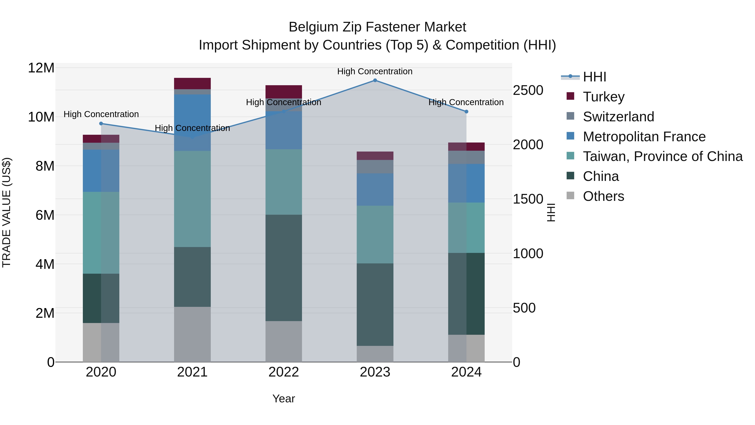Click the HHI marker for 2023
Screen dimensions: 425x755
pyautogui.click(x=375, y=80)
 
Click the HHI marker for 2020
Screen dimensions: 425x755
pyautogui.click(x=101, y=123)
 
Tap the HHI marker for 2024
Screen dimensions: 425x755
pyautogui.click(x=466, y=111)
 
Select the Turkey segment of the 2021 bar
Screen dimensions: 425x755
pyautogui.click(x=192, y=84)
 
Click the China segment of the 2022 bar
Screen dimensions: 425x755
pyautogui.click(x=283, y=268)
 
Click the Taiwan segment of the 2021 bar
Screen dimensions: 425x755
pyautogui.click(x=192, y=199)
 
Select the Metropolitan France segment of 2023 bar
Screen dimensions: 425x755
pyautogui.click(x=375, y=190)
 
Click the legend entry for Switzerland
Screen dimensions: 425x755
pyautogui.click(x=618, y=117)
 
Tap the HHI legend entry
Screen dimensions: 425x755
pyautogui.click(x=594, y=77)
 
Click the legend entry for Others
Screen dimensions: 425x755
pyautogui.click(x=603, y=196)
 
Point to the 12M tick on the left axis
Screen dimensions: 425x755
pyautogui.click(x=41, y=68)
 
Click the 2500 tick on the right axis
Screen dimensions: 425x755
pyautogui.click(x=528, y=90)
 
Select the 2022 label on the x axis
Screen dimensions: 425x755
pyautogui.click(x=283, y=372)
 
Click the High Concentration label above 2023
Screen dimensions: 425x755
pyautogui.click(x=375, y=71)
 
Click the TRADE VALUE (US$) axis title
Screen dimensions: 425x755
pyautogui.click(x=7, y=212)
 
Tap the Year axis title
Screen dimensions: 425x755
pyautogui.click(x=283, y=399)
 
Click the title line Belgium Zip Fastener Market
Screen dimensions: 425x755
pyautogui.click(x=377, y=27)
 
